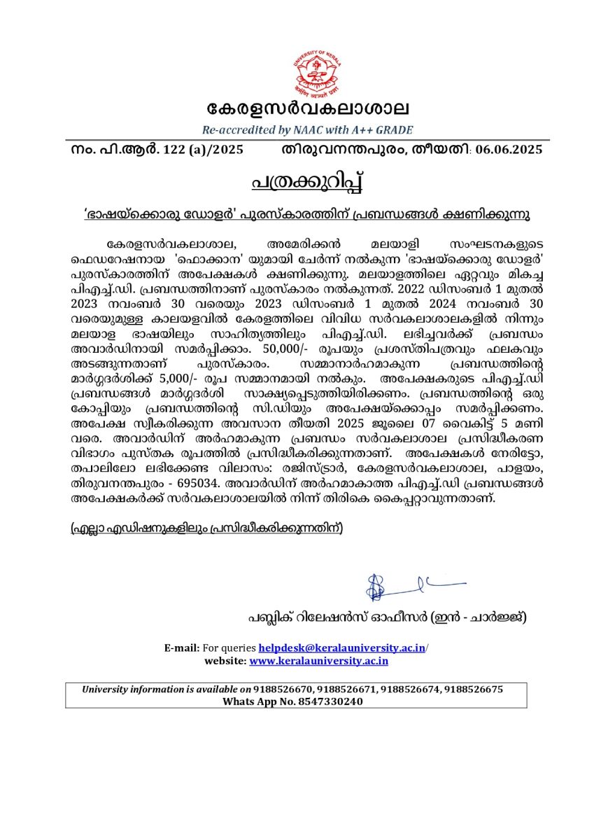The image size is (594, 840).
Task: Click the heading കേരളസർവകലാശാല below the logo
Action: click(308, 108)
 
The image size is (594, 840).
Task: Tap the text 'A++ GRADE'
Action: click(384, 130)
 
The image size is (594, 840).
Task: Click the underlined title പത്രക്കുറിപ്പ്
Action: click(308, 181)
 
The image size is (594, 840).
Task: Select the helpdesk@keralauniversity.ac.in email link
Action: click(341, 649)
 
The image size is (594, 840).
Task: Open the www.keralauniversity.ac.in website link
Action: click(318, 660)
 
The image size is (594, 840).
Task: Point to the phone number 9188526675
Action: click(474, 689)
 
